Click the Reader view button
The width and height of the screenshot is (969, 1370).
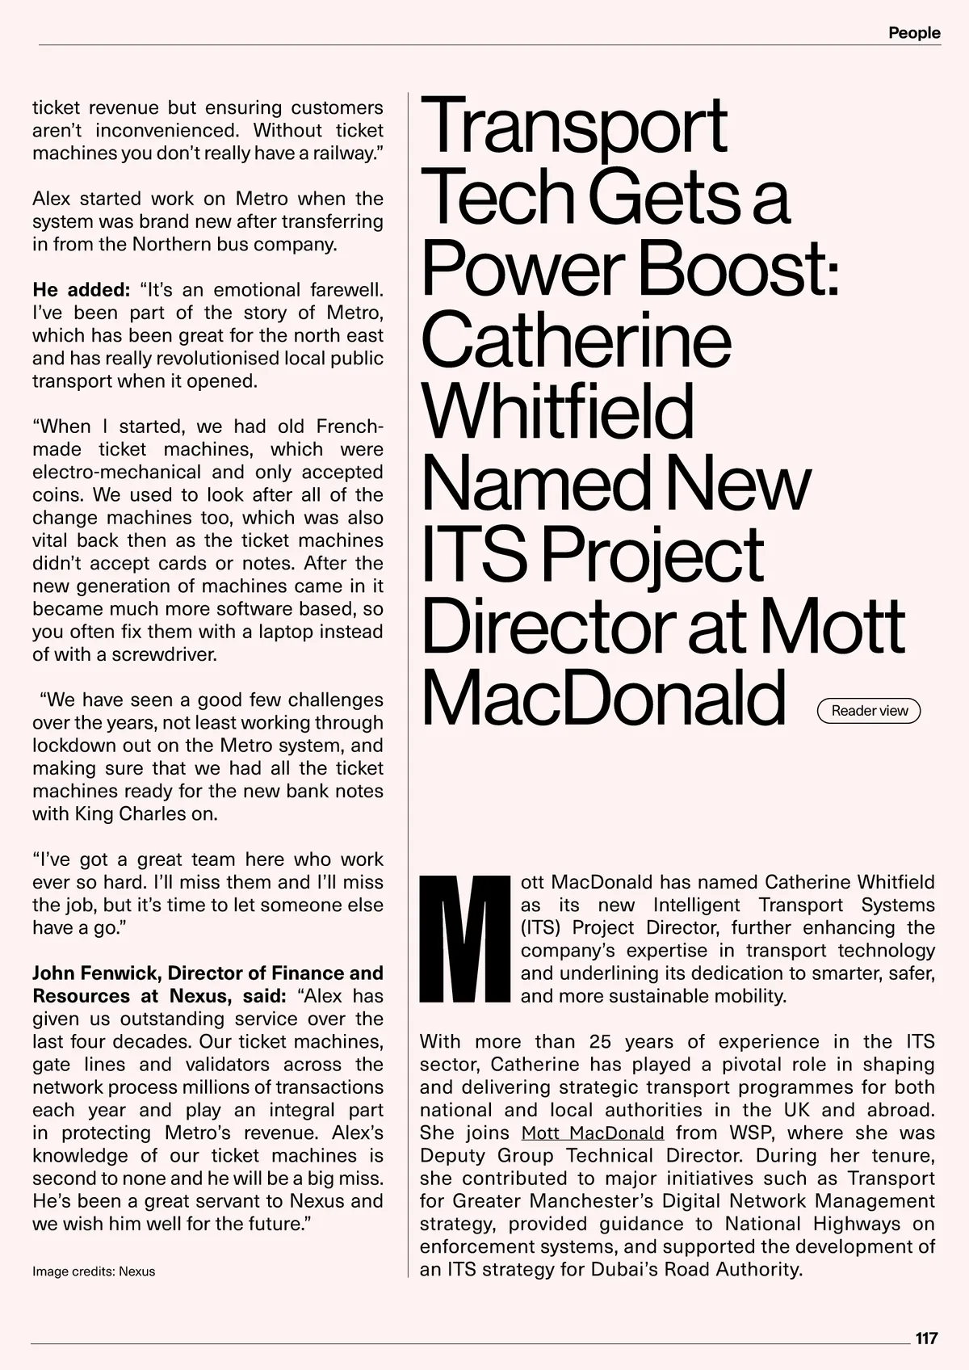869,711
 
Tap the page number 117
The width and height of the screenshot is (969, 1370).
926,1338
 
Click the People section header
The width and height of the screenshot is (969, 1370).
914,33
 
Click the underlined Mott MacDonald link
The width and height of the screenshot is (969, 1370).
593,1133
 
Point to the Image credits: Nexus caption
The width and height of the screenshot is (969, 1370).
94,1271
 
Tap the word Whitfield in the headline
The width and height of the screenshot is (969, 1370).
557,411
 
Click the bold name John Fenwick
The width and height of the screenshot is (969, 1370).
95,973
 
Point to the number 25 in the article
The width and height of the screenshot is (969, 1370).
601,1042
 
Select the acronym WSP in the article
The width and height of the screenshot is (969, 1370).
752,1133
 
